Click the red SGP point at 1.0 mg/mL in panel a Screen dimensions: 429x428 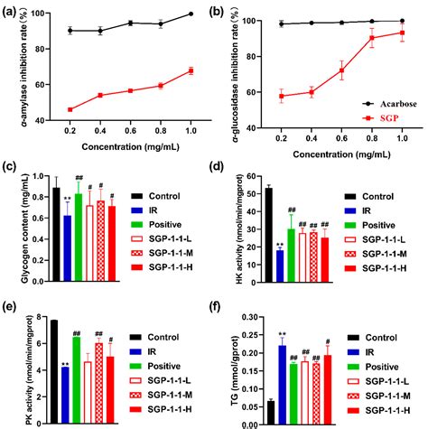point(191,70)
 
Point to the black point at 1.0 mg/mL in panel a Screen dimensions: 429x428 point(191,14)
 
